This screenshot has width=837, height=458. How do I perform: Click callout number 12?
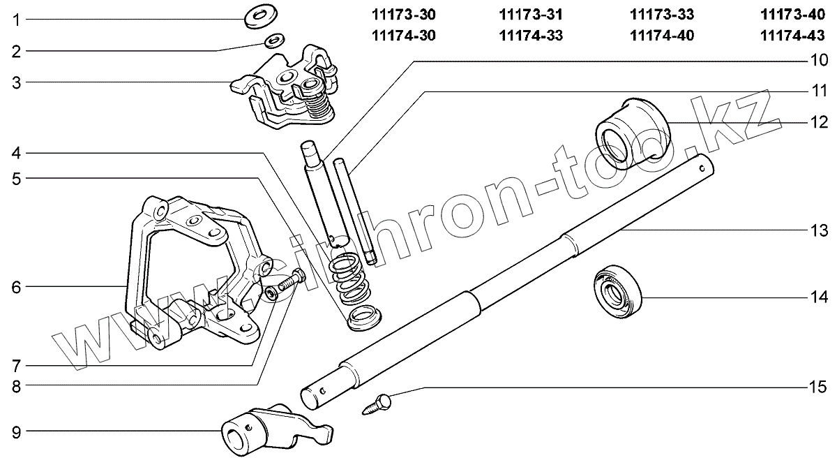pyautogui.click(x=817, y=122)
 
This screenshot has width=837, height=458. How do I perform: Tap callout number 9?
pyautogui.click(x=15, y=432)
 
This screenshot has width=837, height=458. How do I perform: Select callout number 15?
pyautogui.click(x=817, y=387)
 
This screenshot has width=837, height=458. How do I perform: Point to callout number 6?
pyautogui.click(x=15, y=286)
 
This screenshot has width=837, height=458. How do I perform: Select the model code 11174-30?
pyautogui.click(x=404, y=36)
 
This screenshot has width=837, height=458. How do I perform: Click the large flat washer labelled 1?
pyautogui.click(x=262, y=15)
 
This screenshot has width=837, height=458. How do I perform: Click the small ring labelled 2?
pyautogui.click(x=274, y=41)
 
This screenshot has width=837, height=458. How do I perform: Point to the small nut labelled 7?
pyautogui.click(x=272, y=294)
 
